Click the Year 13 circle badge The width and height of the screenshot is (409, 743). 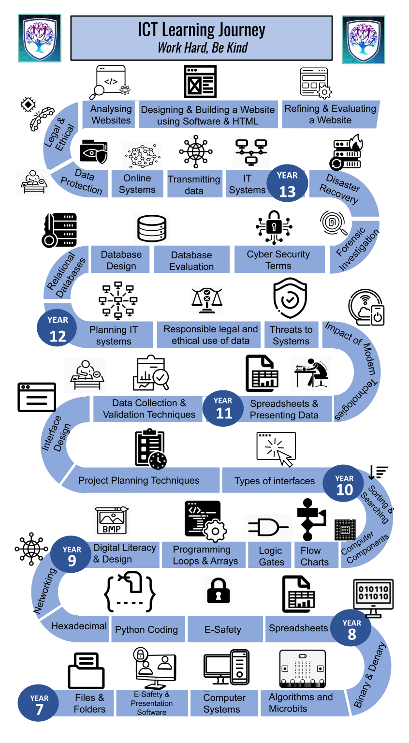pos(287,183)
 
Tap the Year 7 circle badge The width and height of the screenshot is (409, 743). pos(39,703)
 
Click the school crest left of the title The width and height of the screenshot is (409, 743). pos(40,38)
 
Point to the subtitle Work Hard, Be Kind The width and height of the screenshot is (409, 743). pos(203,48)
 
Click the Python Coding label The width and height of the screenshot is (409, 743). pos(146,629)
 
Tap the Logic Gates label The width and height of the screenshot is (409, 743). pos(271,556)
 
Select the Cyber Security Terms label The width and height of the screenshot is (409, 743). pos(278,260)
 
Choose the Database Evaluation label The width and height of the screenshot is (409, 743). pos(191,261)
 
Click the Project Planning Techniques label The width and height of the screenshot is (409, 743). pos(139,480)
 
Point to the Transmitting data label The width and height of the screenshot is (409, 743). pos(194,185)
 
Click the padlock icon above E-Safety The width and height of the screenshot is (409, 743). pos(219,591)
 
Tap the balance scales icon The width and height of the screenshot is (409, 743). pos(207,300)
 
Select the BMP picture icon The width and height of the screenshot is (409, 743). pos(111,520)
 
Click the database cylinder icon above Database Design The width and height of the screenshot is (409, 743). pos(152,228)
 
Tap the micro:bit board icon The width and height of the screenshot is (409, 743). pos(303,669)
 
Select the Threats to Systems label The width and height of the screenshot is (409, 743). pos(291,335)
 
